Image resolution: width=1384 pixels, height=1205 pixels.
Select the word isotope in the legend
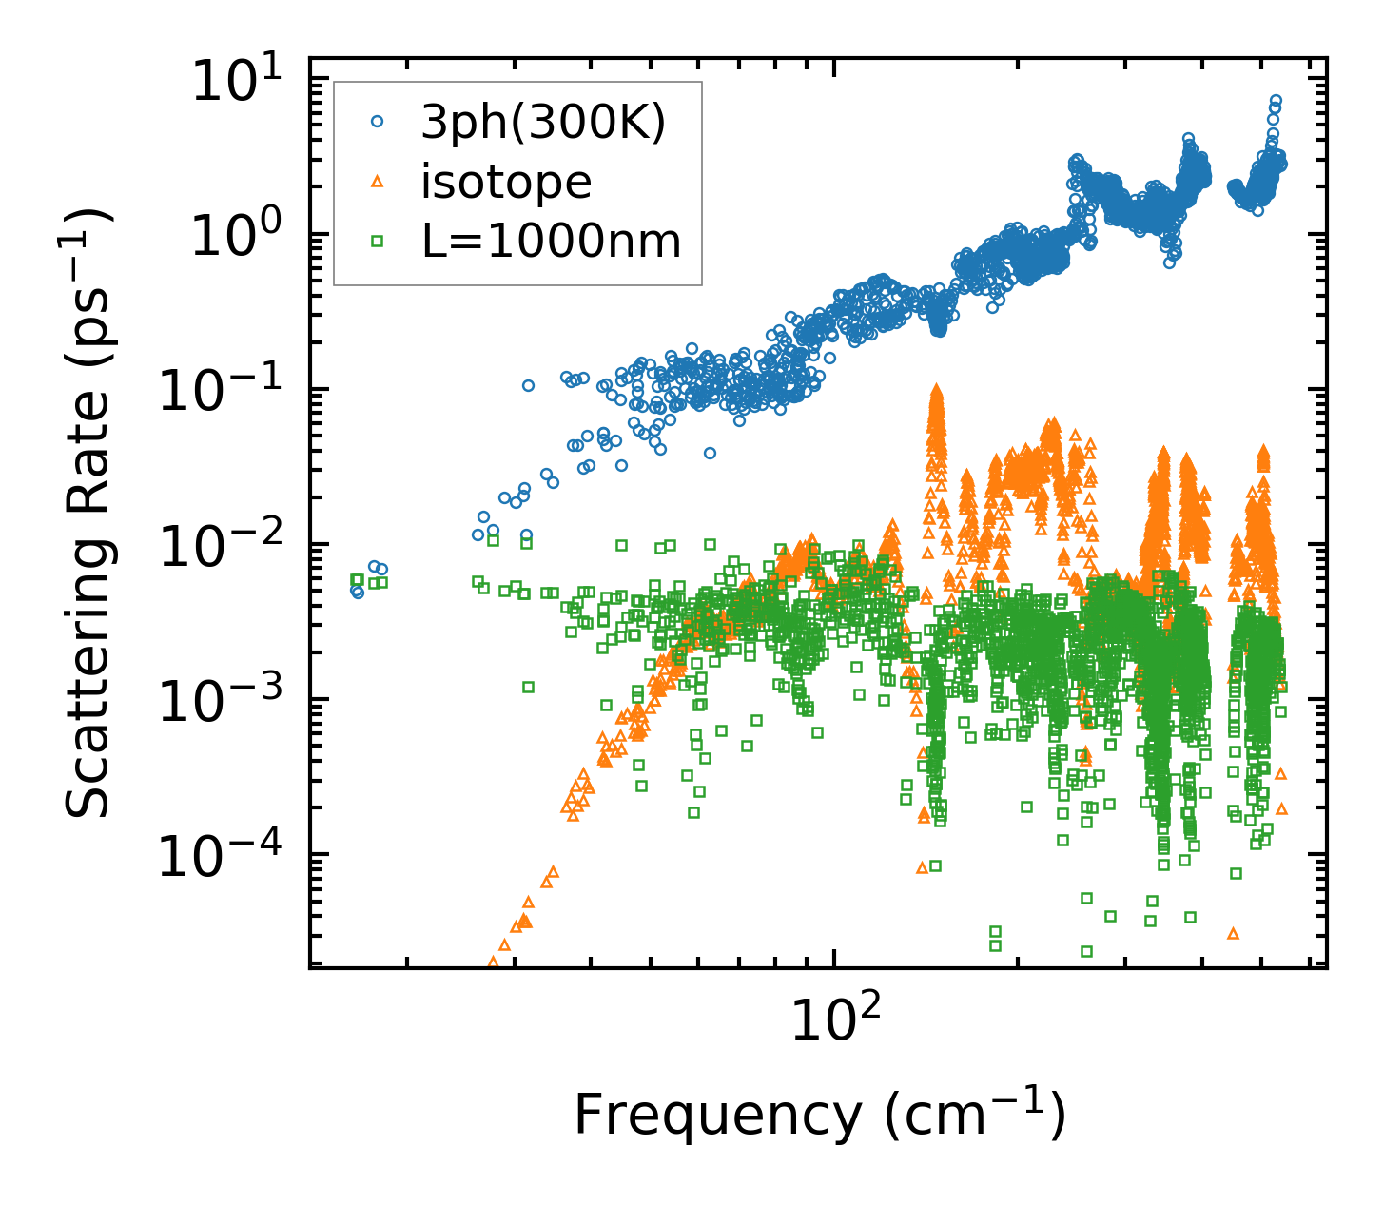506,182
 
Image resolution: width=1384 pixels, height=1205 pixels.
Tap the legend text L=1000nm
551,242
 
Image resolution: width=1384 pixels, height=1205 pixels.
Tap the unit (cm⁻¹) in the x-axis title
974,1115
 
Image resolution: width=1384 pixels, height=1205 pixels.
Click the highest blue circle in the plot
1276,100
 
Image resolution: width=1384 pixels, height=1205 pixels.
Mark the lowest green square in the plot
1086,951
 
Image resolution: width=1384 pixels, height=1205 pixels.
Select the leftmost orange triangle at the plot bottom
493,962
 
